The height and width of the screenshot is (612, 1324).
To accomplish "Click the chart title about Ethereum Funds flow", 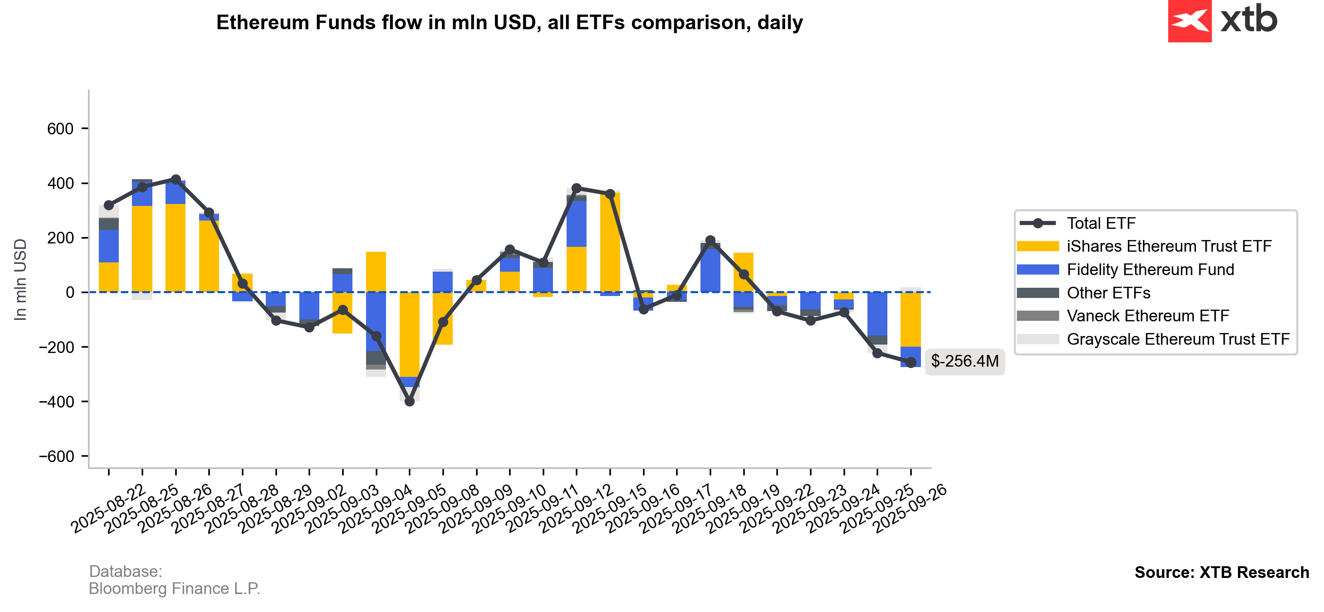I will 509,22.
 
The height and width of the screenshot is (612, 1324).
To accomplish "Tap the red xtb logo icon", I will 1189,21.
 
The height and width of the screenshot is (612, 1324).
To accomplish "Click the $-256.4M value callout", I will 964,361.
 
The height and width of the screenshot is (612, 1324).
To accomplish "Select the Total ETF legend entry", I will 1101,223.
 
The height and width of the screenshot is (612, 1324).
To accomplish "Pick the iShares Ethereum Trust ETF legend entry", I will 1169,246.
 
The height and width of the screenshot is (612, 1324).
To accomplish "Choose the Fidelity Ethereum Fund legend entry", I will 1150,270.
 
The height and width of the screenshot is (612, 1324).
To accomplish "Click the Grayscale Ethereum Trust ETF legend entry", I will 1178,339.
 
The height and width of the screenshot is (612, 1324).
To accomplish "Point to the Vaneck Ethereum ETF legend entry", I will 1148,316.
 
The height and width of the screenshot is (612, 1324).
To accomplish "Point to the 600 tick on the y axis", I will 61,129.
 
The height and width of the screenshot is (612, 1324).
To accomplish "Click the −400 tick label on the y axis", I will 56,402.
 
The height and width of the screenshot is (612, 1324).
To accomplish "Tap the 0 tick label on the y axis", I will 70,293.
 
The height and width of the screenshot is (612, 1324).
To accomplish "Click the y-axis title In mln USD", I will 20,279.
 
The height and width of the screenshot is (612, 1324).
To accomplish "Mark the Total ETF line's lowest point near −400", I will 410,402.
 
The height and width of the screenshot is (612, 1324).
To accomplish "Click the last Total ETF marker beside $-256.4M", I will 911,363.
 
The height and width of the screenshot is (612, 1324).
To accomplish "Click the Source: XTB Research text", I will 1221,573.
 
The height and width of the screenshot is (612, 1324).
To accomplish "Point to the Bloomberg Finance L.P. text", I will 174,588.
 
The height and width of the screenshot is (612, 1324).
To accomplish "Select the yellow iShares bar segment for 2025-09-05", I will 410,334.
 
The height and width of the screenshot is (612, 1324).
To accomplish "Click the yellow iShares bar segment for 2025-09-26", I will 911,319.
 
